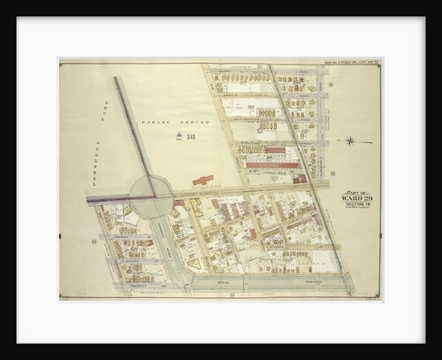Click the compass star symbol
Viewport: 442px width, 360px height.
(350, 141)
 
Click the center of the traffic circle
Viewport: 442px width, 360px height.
(152, 195)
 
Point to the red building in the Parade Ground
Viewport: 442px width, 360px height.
(202, 180)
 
